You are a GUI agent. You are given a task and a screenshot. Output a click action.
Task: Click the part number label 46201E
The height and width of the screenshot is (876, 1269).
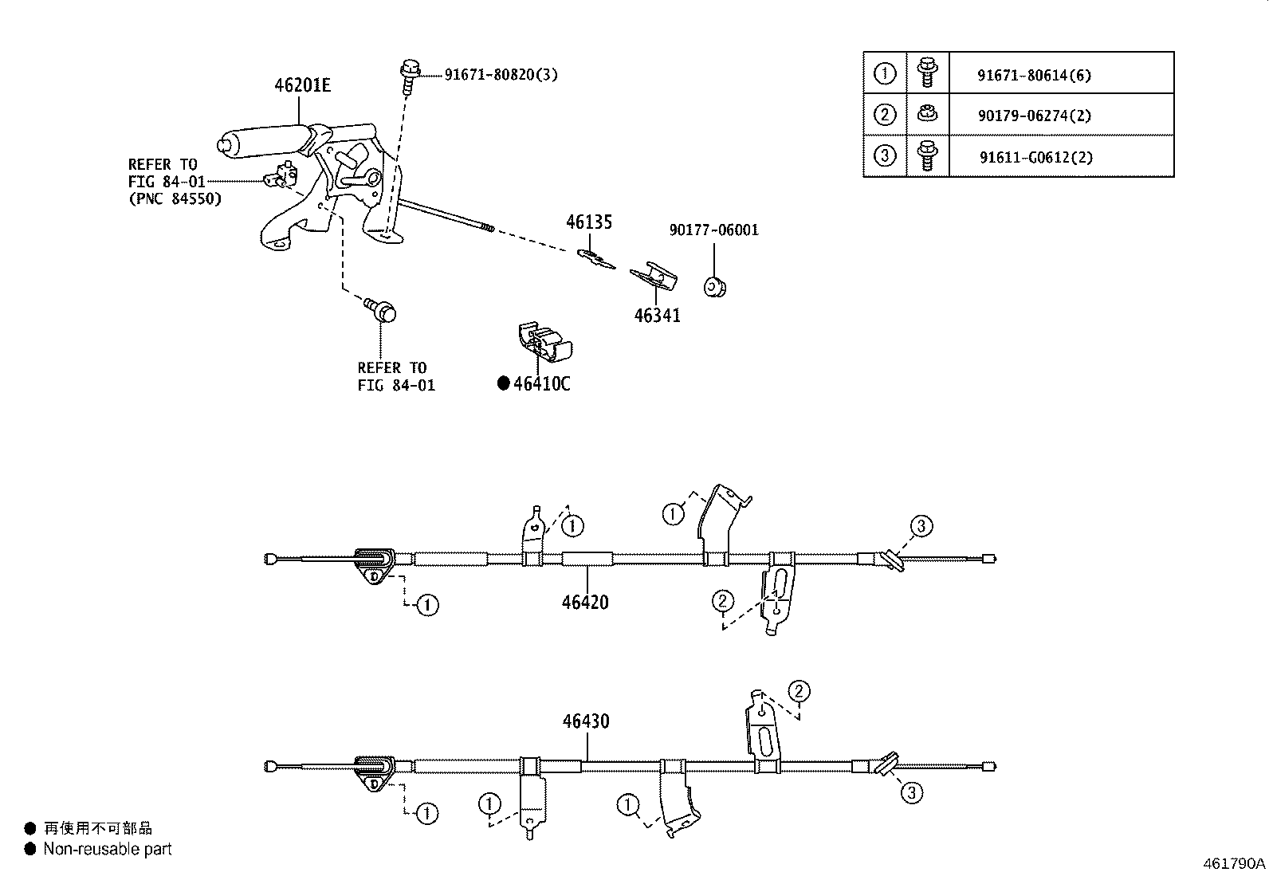[302, 84]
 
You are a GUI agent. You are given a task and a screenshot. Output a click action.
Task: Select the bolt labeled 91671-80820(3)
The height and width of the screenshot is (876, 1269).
[410, 75]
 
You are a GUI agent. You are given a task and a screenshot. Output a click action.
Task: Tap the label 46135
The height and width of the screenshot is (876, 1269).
[589, 222]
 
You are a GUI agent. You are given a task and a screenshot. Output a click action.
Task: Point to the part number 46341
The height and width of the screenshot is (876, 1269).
[657, 315]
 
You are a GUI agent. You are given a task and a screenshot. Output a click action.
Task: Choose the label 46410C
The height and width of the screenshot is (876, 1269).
[542, 383]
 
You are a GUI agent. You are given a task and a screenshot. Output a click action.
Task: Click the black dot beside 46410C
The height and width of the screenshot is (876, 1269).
[503, 383]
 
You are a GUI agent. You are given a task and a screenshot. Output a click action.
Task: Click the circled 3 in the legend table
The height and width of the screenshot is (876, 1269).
[885, 155]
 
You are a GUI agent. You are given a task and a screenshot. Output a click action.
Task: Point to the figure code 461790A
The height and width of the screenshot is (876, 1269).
[1234, 863]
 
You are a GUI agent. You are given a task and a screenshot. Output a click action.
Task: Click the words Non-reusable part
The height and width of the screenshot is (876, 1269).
[108, 849]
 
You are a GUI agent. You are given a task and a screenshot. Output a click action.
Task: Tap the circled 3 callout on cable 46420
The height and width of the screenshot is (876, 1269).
[920, 526]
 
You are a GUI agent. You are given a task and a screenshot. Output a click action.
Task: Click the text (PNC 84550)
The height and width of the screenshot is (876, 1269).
[175, 198]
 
